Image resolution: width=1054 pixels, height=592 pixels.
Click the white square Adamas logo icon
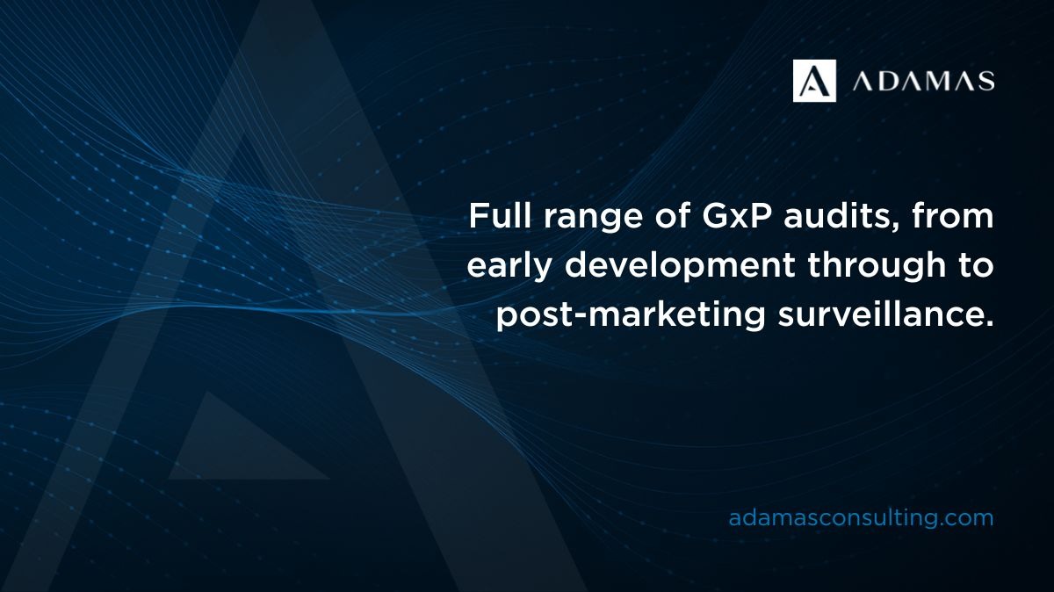coord(814,81)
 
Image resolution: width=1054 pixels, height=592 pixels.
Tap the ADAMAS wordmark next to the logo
coord(924,81)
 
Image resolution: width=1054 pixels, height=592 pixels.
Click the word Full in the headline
coord(499,216)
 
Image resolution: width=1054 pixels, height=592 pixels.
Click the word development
coord(681,267)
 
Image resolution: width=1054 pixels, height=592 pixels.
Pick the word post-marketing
coord(631,316)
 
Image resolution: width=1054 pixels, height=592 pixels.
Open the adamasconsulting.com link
coord(861,518)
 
